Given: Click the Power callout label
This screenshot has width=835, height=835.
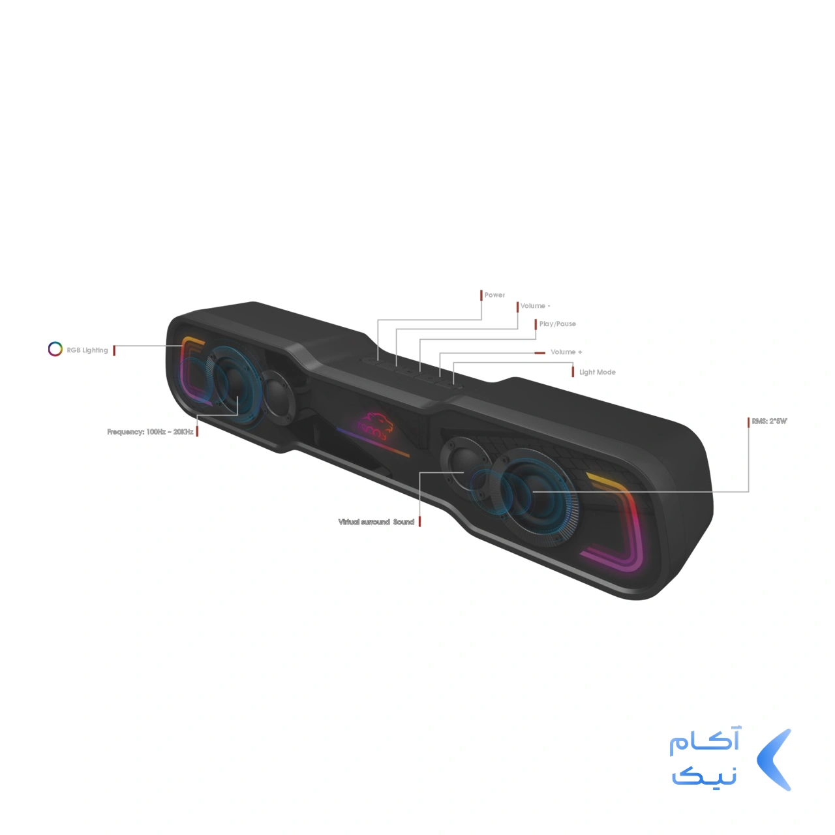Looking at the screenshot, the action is pos(494,295).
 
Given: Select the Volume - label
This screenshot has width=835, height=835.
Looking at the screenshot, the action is pos(535,306).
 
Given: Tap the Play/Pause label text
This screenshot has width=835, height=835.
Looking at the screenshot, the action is pos(557,324).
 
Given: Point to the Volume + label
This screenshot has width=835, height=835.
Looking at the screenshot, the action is pos(566,352).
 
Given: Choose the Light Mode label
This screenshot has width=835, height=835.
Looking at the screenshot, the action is pos(597,372).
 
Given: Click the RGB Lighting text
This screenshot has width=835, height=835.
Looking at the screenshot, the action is pos(87,350).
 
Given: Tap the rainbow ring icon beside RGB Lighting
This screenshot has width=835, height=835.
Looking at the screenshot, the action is pos(55,349).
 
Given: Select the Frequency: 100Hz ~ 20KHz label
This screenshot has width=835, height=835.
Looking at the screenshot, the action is pos(150,432).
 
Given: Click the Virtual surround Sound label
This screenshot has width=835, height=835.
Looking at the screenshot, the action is pos(376,522).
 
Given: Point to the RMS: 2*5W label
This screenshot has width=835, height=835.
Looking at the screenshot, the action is pos(770,421).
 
